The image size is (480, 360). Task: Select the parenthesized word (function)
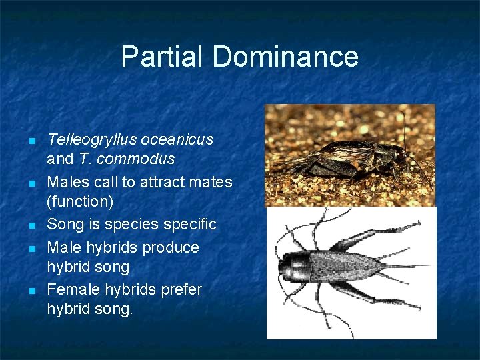pos(75,201)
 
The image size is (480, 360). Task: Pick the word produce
pos(174,247)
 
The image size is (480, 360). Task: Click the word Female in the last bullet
pos(71,290)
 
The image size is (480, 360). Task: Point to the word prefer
pos(181,290)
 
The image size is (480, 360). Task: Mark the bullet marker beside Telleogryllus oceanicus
pos(31,141)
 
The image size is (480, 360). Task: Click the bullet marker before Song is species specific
pos(31,225)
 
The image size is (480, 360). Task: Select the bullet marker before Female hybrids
pos(31,291)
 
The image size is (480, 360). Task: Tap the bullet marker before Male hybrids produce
pos(31,249)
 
